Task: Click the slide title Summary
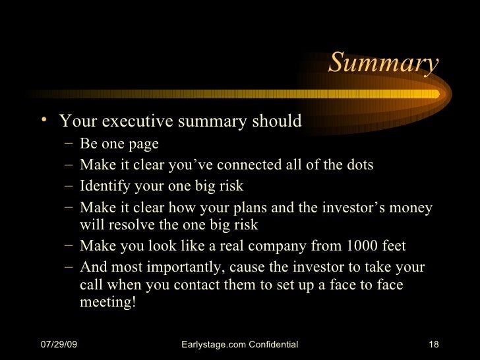point(382,64)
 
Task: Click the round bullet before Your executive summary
point(43,119)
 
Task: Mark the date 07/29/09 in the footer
point(59,345)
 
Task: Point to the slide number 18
point(433,345)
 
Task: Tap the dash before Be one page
point(69,144)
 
